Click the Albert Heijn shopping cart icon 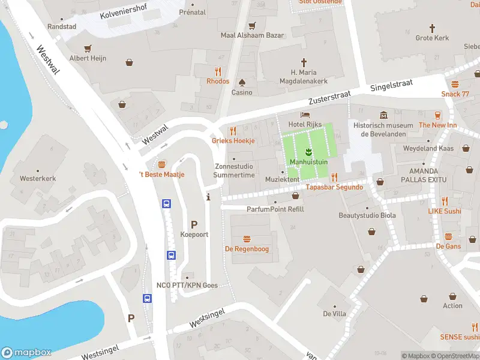[88, 48]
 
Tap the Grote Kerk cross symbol [432, 28]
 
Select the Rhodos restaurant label [218, 81]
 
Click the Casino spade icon [242, 82]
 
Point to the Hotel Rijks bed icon [305, 115]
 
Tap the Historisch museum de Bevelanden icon [383, 115]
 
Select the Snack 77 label [455, 94]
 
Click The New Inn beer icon [438, 115]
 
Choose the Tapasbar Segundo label [334, 187]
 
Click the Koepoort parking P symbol [194, 224]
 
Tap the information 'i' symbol [208, 196]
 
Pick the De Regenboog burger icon [247, 239]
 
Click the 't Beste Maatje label [161, 175]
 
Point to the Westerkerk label [37, 178]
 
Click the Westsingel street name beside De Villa [206, 319]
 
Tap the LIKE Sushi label [444, 211]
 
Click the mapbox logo [26, 353]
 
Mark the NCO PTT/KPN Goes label [187, 285]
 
